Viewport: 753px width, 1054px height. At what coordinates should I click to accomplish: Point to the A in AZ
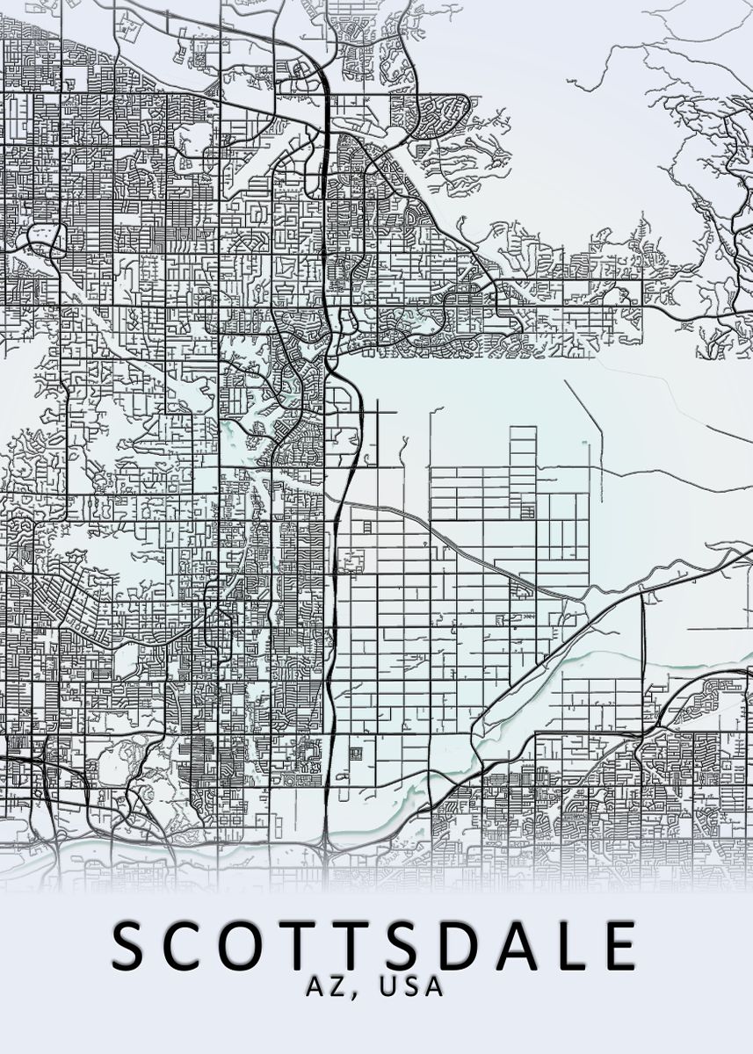click(x=316, y=986)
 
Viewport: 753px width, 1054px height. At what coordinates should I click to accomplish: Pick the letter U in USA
click(x=387, y=986)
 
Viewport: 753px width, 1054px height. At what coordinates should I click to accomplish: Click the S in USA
click(x=410, y=986)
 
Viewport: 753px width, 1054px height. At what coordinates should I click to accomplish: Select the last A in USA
click(x=433, y=986)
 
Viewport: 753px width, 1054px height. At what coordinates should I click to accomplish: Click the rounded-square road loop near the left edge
click(x=47, y=238)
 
